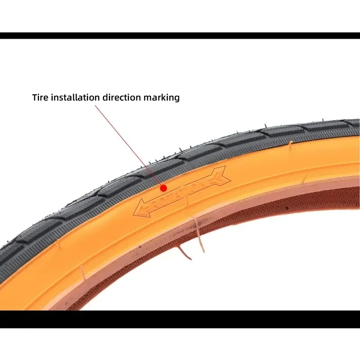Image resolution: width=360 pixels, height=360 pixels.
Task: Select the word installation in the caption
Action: [x=74, y=97]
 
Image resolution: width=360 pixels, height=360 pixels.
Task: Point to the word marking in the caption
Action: [x=162, y=98]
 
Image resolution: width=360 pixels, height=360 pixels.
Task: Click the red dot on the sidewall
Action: [x=163, y=188]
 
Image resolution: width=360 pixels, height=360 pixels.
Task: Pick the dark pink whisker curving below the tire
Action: [x=184, y=253]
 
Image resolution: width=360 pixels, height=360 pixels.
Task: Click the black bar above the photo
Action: [x=180, y=36]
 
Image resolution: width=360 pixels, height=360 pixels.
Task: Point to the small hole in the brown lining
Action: [x=287, y=208]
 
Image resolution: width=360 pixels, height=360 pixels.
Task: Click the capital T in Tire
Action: [x=35, y=97]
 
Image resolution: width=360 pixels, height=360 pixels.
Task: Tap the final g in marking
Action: [x=176, y=99]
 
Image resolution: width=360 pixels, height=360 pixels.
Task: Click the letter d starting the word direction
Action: [x=105, y=97]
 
